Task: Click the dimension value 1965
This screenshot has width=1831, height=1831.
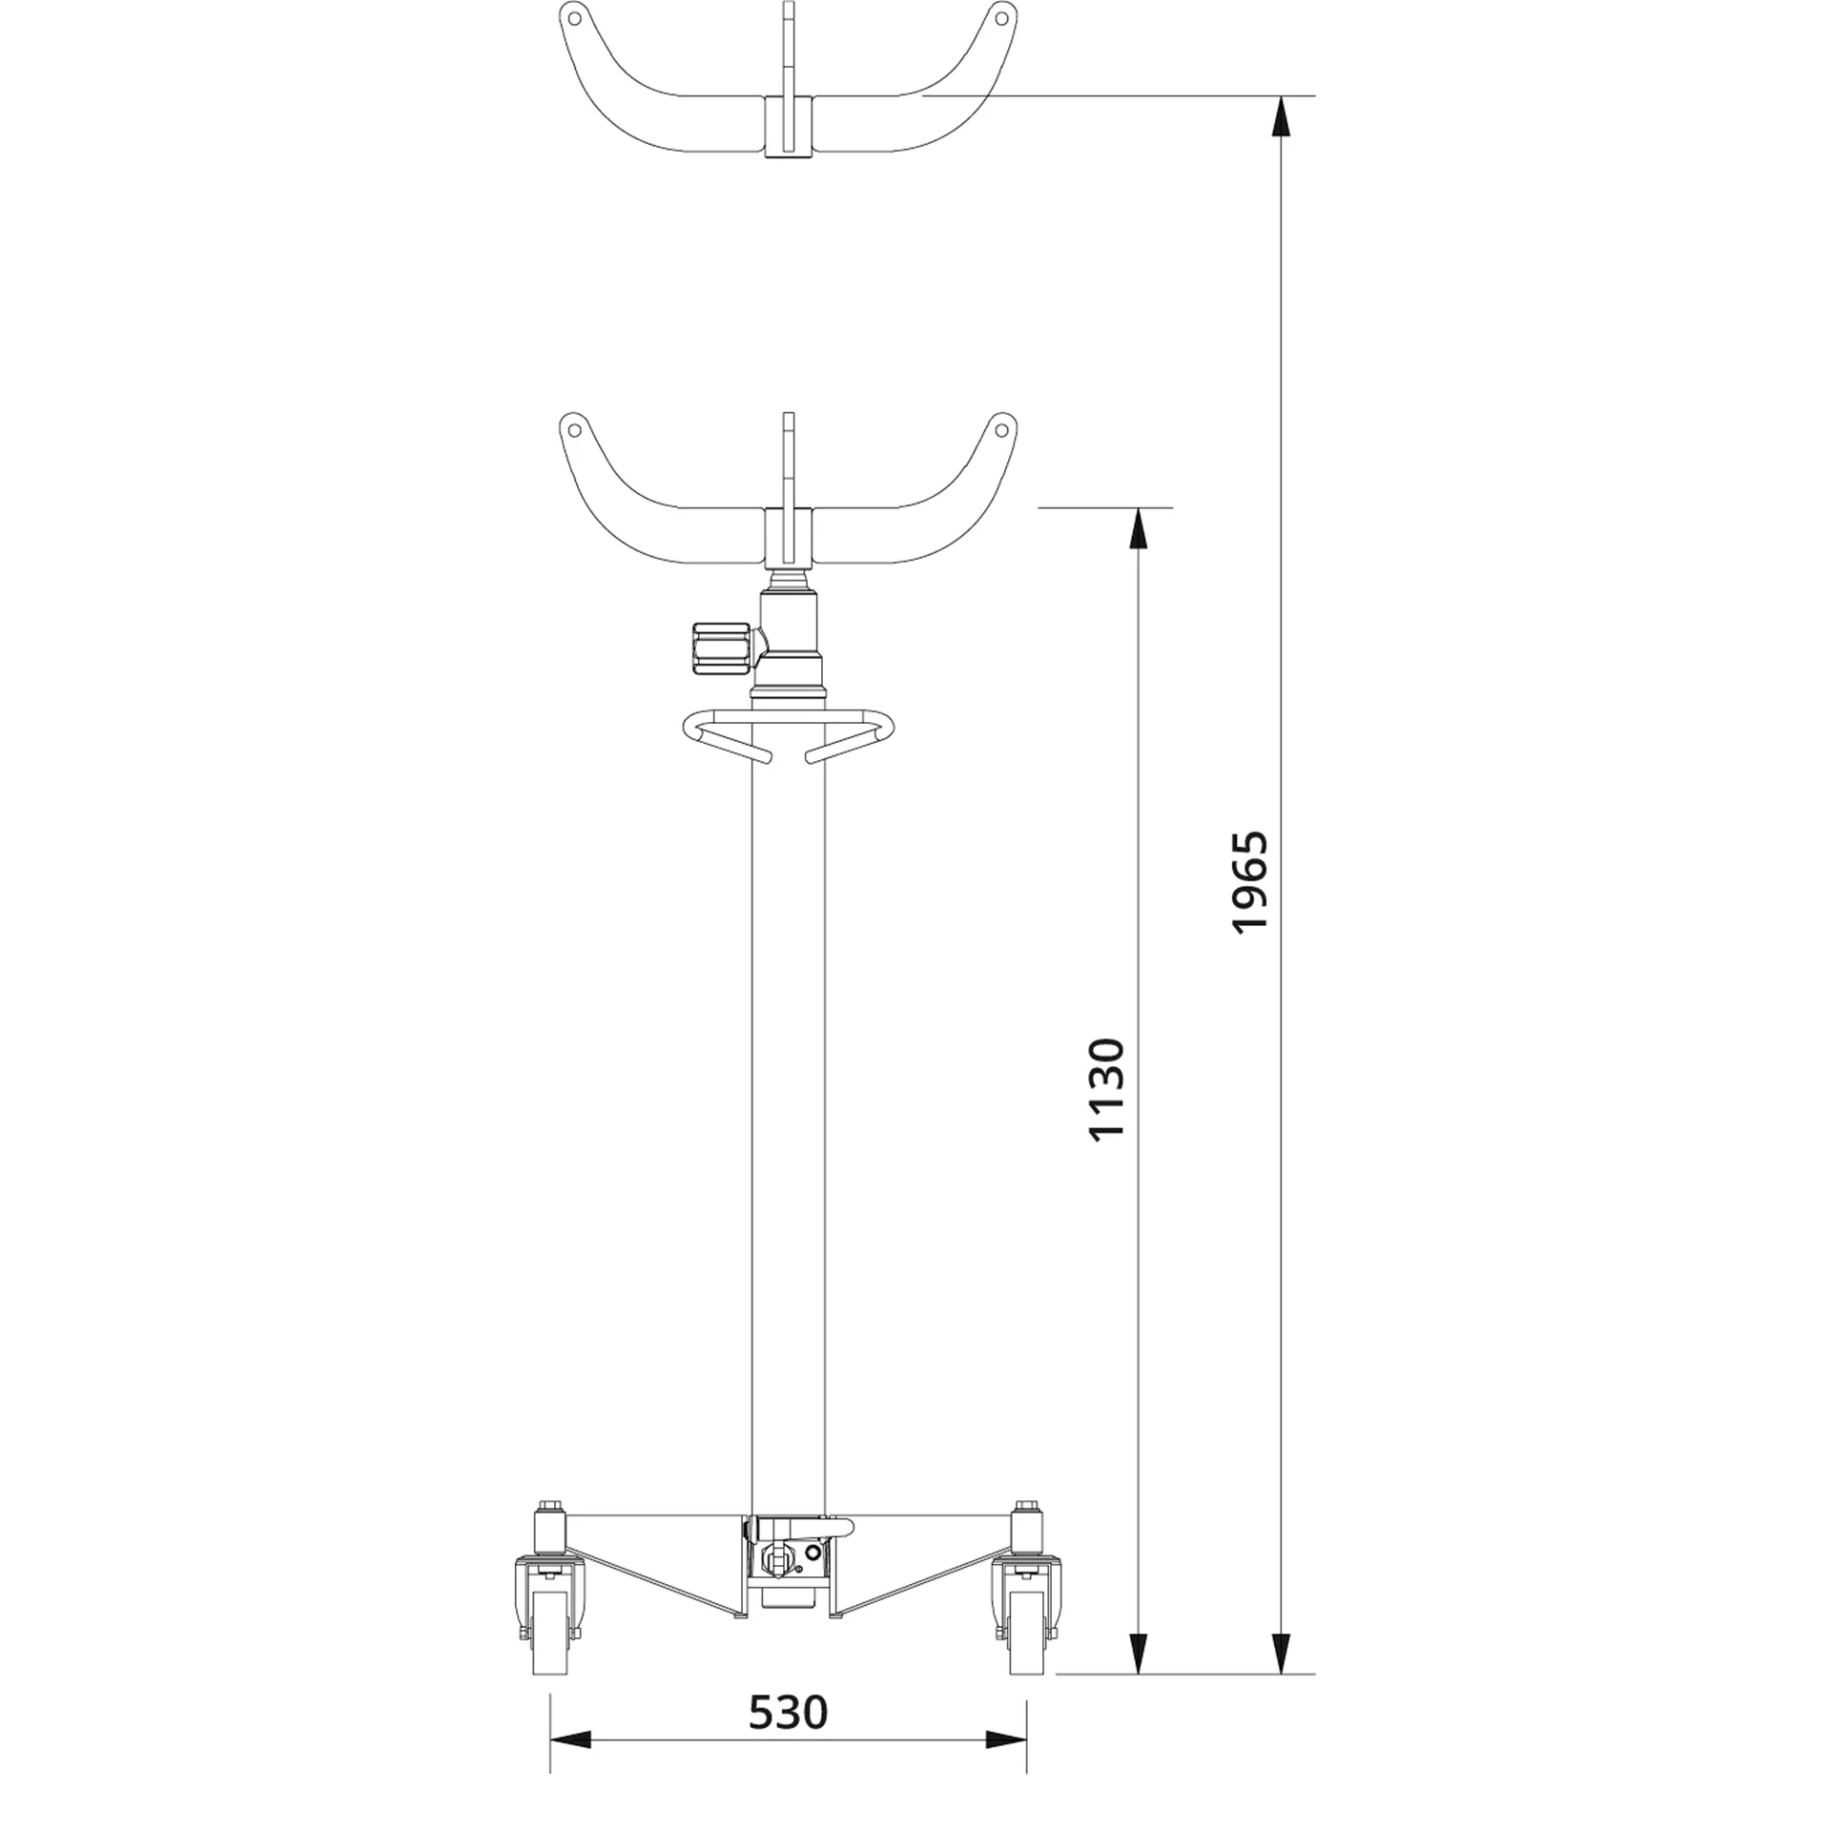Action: click(x=1250, y=881)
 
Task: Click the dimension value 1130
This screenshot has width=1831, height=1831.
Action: click(x=1107, y=1088)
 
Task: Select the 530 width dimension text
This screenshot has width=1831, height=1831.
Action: click(x=788, y=1712)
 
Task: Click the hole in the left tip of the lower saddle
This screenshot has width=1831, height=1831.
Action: click(x=575, y=428)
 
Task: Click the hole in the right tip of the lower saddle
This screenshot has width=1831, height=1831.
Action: click(x=1000, y=429)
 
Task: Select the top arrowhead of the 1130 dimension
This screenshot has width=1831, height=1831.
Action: click(x=1139, y=529)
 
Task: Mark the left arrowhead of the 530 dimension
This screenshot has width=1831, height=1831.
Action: click(x=571, y=1766)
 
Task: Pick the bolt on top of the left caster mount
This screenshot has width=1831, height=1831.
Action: click(x=549, y=1509)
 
